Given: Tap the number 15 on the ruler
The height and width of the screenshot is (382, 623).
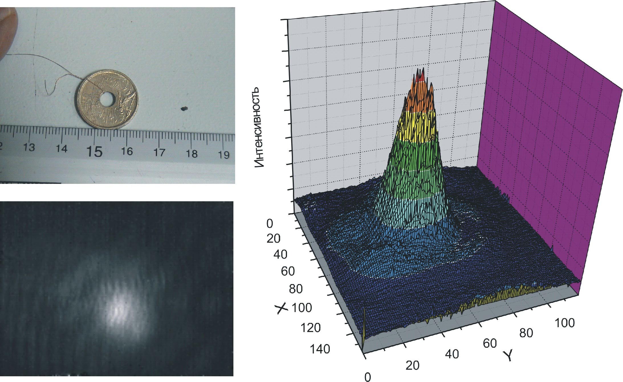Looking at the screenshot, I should click(x=95, y=151).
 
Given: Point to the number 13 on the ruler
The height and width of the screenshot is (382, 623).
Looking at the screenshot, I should click(x=29, y=147).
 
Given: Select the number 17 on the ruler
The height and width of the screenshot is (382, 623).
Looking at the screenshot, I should click(x=160, y=152).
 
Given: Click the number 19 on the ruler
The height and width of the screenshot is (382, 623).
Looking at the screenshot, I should click(x=224, y=154).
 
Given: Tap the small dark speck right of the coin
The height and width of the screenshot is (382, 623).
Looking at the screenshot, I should click(x=184, y=109).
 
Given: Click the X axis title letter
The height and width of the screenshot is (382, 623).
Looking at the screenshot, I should click(x=282, y=308).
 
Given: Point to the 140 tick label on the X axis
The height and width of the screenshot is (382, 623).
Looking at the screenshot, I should click(x=320, y=349).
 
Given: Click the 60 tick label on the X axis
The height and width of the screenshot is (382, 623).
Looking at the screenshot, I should click(x=288, y=271).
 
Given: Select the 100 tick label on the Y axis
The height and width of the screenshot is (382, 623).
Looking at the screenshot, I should click(x=565, y=323).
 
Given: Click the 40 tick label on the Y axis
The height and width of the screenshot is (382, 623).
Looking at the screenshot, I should click(x=452, y=354).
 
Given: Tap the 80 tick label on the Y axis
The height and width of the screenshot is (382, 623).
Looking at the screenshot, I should click(x=526, y=333).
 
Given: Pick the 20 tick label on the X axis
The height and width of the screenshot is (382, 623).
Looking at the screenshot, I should click(x=274, y=239).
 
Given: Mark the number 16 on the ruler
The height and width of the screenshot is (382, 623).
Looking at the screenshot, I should click(x=127, y=151).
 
